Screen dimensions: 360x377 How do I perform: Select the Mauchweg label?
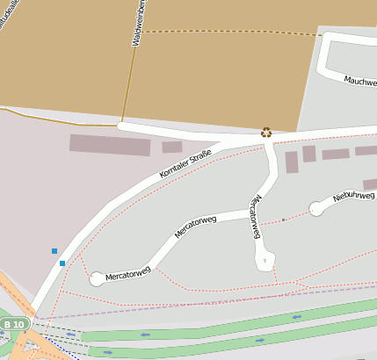pos(360,82)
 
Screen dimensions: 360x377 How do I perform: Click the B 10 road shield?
pos(13,325)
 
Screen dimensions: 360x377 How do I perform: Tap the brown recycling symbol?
pos(266,133)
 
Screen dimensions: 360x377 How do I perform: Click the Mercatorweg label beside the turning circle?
pos(128,273)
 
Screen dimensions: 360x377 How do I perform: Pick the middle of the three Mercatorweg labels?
pos(196,226)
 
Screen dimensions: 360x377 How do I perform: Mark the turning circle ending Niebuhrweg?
pos(316,208)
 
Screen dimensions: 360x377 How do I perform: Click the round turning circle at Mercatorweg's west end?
pos(97,279)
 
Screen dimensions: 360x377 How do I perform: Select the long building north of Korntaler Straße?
pos(110,145)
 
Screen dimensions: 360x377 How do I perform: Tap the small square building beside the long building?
pos(172,147)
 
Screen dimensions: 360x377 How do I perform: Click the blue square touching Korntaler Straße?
pos(62,263)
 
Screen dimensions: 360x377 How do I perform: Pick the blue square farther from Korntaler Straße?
pos(54,251)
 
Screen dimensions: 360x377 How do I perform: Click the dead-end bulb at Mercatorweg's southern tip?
pos(265,260)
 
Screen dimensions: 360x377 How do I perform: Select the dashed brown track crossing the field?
pos(228,32)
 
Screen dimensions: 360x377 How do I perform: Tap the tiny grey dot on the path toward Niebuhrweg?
pos(284,220)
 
